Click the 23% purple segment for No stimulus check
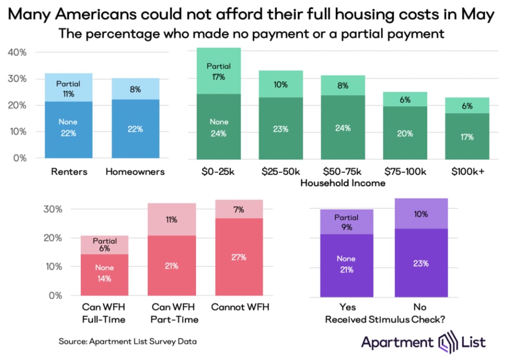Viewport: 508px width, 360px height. click(421, 263)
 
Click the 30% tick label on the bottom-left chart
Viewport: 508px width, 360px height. click(66, 210)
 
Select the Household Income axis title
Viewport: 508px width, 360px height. click(341, 183)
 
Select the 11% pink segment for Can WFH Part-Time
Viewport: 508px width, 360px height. click(172, 219)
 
